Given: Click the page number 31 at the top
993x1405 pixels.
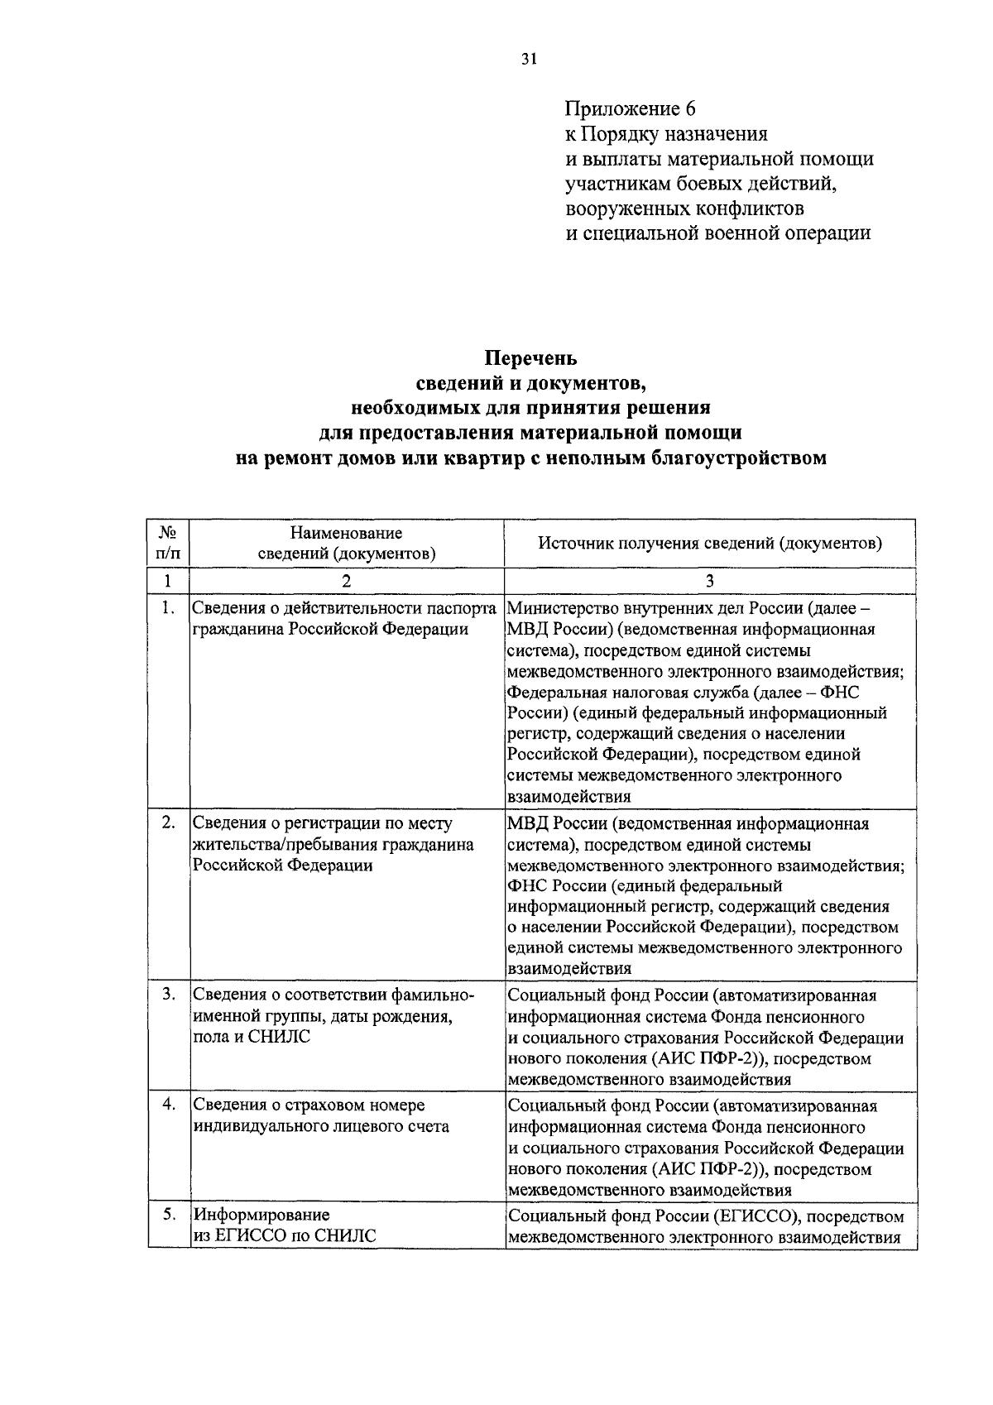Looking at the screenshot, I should coord(530,58).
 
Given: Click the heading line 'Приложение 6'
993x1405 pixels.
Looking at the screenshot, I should coord(631,109).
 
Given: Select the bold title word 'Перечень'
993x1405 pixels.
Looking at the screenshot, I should coord(530,358).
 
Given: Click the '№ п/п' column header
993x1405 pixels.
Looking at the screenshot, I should coord(169,543).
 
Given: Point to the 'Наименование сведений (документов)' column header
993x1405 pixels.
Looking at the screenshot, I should coord(347,543).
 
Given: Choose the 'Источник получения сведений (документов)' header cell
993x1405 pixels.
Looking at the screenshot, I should coord(710,544).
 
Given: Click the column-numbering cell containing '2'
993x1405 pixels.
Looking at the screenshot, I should coord(347,581).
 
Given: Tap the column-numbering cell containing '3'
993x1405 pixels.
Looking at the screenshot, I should coord(710,581).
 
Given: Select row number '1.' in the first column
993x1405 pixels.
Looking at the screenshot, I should coord(169,608).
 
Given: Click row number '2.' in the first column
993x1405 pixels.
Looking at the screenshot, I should coord(169,822).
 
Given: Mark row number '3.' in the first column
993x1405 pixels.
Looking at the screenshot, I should coord(169,994).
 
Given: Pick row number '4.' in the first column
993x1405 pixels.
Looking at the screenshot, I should coord(169,1105).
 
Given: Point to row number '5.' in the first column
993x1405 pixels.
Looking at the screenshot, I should coord(169,1216).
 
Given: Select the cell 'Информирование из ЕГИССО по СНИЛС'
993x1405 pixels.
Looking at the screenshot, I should coord(285,1226).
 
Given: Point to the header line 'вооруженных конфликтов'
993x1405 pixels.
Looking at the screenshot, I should coord(684,208).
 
